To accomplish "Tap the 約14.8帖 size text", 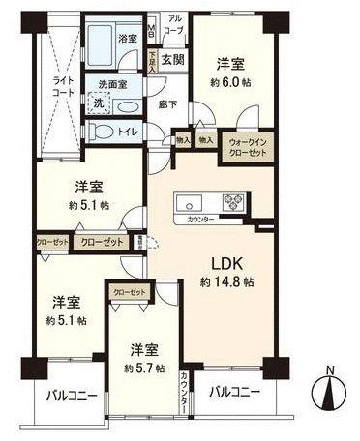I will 227,282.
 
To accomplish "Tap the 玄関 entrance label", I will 172,61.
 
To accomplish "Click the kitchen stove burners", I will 232,202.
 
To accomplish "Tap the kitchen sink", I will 188,202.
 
